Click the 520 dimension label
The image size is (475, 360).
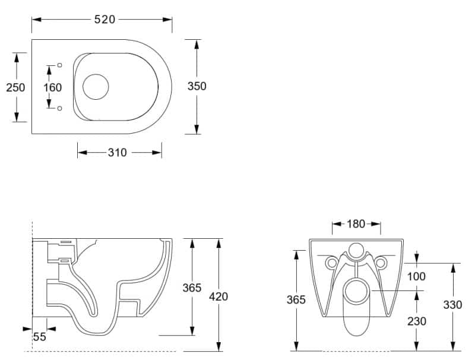pyautogui.click(x=104, y=20)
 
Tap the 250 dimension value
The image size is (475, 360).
pyautogui.click(x=15, y=87)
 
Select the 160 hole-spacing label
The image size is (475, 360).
pyautogui.click(x=52, y=87)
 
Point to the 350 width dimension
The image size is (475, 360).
pyautogui.click(x=197, y=86)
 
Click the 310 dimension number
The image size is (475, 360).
pyautogui.click(x=117, y=153)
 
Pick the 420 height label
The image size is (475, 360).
pyautogui.click(x=218, y=296)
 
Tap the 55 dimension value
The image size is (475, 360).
pyautogui.click(x=39, y=337)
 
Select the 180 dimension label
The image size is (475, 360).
pyautogui.click(x=356, y=224)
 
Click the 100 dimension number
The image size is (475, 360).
pyautogui.click(x=416, y=276)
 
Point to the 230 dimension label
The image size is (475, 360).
pyautogui.click(x=417, y=321)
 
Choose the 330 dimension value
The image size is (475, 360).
pyautogui.click(x=452, y=305)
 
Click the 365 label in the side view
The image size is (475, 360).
pyautogui.click(x=192, y=288)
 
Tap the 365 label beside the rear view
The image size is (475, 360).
pyautogui.click(x=296, y=299)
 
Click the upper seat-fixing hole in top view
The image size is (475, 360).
pyautogui.click(x=60, y=65)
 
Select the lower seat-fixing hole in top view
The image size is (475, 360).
pyautogui.click(x=60, y=108)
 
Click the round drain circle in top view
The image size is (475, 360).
pyautogui.click(x=96, y=87)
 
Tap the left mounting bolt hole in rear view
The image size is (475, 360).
pyautogui.click(x=331, y=263)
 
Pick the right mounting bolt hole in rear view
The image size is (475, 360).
pyautogui.click(x=381, y=263)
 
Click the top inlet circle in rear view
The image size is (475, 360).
pyautogui.click(x=356, y=251)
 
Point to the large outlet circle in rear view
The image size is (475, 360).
pyautogui.click(x=356, y=291)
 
